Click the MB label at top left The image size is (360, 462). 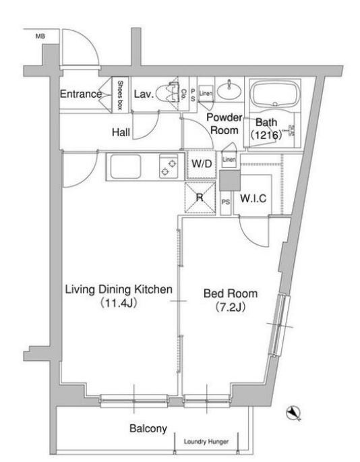pyautogui.click(x=40, y=36)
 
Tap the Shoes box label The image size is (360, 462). pyautogui.click(x=120, y=95)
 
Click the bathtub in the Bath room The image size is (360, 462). pyautogui.click(x=275, y=94)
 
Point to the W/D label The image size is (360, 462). pyautogui.click(x=202, y=164)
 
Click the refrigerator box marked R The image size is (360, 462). pyautogui.click(x=200, y=198)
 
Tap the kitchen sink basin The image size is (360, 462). pyautogui.click(x=125, y=167)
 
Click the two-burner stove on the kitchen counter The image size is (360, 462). pyautogui.click(x=169, y=167)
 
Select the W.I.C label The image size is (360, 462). pyautogui.click(x=253, y=198)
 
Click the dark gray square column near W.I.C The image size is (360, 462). pyautogui.click(x=230, y=180)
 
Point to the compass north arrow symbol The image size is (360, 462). pyautogui.click(x=294, y=413)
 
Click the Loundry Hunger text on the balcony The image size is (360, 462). pyautogui.click(x=206, y=442)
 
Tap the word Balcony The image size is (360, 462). pyautogui.click(x=148, y=428)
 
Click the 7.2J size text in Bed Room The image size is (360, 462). pyautogui.click(x=231, y=308)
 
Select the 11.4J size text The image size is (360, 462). pyautogui.click(x=119, y=304)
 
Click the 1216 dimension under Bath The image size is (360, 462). pyautogui.click(x=266, y=136)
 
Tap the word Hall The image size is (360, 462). pyautogui.click(x=121, y=132)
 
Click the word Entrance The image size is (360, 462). pyautogui.click(x=81, y=94)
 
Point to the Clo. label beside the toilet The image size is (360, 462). pyautogui.click(x=184, y=94)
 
